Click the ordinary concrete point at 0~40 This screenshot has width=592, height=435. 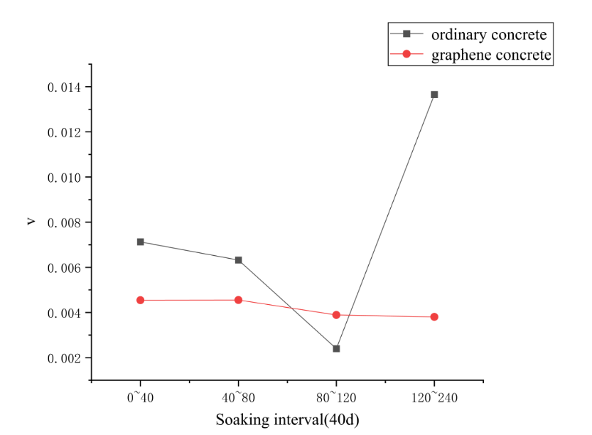[140, 242]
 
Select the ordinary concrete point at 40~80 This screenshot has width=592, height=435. [239, 260]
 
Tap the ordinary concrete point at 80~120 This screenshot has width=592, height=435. [336, 348]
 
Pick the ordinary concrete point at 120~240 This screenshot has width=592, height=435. [434, 95]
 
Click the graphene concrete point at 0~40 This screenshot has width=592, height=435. [140, 300]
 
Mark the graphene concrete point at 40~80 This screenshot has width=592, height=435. [239, 300]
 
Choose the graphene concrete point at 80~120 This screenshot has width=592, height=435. [336, 315]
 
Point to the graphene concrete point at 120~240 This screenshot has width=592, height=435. [434, 317]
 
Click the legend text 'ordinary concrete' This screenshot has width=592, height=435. [491, 33]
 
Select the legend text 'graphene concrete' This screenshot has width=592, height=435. [491, 55]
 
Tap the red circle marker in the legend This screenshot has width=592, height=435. [407, 55]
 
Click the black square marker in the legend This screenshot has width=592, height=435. [407, 33]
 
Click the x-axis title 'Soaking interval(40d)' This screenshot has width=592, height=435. [287, 419]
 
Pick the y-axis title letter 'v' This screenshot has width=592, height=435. [30, 222]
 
